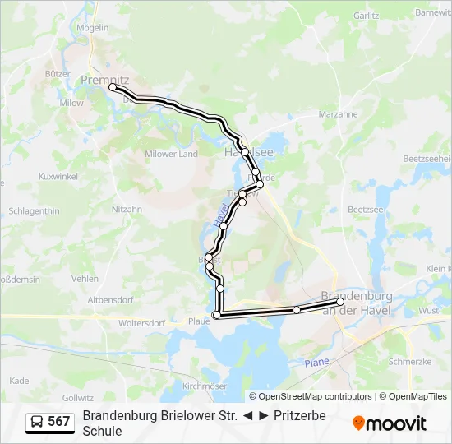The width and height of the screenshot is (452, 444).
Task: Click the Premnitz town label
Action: [100, 79]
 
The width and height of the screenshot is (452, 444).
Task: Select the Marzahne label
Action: [338, 113]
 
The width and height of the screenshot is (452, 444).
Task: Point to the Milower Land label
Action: [171, 154]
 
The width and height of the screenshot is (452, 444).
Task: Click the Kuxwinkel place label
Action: [58, 176]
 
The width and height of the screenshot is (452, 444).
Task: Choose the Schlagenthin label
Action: [34, 210]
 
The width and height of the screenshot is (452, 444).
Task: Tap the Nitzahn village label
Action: [127, 209]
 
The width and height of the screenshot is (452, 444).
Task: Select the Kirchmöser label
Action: [204, 385]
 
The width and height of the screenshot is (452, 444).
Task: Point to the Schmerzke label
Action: [408, 361]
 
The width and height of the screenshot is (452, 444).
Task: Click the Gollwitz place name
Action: [78, 397]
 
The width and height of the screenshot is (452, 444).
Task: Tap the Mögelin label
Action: [93, 27]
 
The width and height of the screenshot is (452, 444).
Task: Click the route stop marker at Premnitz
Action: [113, 86]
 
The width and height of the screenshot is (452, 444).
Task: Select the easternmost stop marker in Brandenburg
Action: [340, 302]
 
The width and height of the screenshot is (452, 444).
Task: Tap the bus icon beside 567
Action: [37, 422]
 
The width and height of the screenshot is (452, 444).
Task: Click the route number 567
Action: [59, 422]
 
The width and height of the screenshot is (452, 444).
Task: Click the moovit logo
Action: [390, 423]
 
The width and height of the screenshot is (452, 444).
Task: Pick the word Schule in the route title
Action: [102, 431]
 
